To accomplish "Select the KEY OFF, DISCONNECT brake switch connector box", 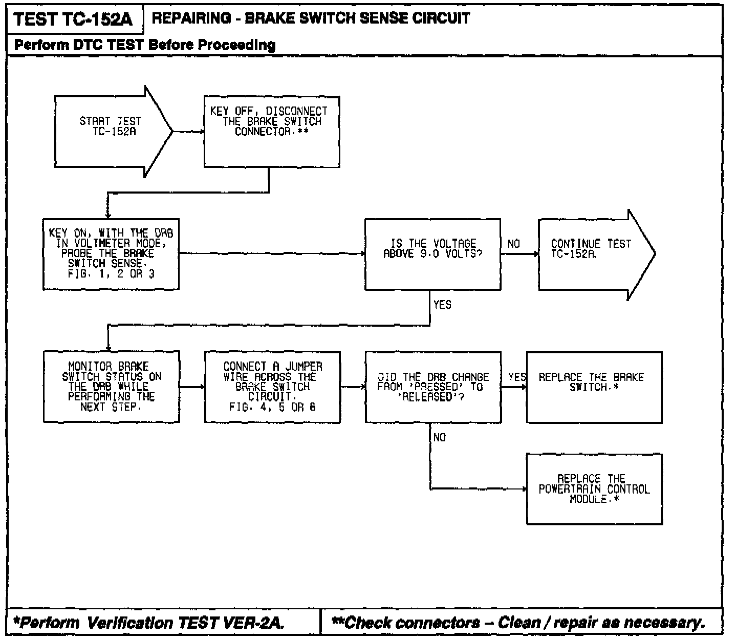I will (x=271, y=132).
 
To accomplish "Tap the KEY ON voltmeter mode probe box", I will (x=111, y=254).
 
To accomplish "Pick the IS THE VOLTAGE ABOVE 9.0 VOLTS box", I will (x=432, y=254).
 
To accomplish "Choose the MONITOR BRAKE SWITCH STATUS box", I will (x=111, y=387).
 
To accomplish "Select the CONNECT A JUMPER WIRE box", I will (x=272, y=387).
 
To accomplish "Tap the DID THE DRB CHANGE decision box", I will (x=432, y=387).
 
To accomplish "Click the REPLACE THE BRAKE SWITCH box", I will (x=594, y=387).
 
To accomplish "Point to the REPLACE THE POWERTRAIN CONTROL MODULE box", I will (x=594, y=488).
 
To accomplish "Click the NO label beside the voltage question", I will (x=513, y=244).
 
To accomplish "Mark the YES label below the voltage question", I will (x=442, y=305).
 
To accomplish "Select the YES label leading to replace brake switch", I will (x=517, y=377).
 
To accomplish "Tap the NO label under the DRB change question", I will (x=439, y=437).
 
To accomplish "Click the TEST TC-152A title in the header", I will (x=73, y=19).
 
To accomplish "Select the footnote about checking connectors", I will (x=518, y=623).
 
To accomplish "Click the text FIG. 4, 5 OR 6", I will (x=272, y=408).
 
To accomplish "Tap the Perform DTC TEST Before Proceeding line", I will (x=145, y=45).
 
